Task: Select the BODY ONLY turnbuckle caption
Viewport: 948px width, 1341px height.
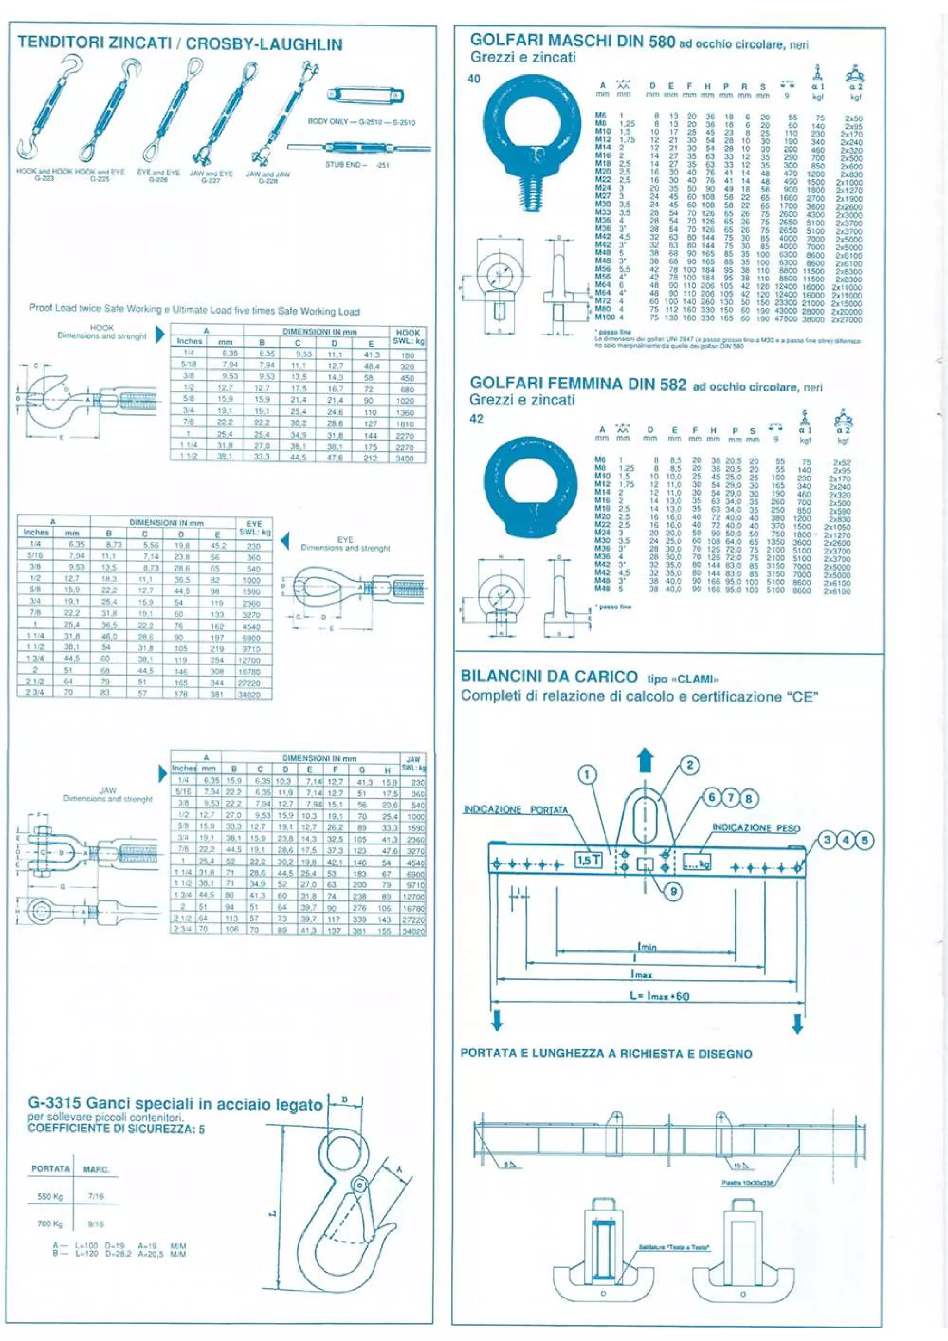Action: (361, 123)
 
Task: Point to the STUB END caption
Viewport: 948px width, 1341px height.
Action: (357, 165)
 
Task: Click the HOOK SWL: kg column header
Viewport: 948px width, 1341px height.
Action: (408, 336)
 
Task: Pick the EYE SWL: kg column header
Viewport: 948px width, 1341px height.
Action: (254, 528)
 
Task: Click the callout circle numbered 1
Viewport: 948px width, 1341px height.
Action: (586, 775)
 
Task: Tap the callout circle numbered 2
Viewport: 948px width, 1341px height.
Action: (690, 765)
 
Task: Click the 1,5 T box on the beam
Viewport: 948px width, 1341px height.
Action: (588, 860)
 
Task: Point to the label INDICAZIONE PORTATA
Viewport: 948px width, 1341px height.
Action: (515, 809)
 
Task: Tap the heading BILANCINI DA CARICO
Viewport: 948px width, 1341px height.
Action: (549, 677)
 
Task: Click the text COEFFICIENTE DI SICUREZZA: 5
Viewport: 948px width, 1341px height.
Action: (116, 1129)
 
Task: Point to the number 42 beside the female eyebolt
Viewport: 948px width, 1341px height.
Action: (477, 419)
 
